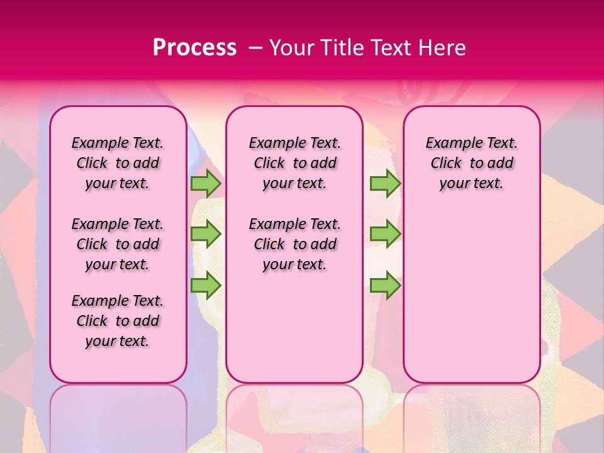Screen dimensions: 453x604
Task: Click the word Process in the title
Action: pyautogui.click(x=194, y=48)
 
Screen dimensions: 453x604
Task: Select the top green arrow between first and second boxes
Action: pyautogui.click(x=206, y=184)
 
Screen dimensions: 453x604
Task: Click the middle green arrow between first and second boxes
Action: pyautogui.click(x=206, y=234)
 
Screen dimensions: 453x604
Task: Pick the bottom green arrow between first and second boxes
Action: pyautogui.click(x=206, y=285)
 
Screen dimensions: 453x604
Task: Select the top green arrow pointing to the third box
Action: pyautogui.click(x=385, y=184)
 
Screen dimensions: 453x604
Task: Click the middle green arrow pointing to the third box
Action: pyautogui.click(x=385, y=234)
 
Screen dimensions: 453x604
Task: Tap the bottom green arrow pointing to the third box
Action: pyautogui.click(x=385, y=285)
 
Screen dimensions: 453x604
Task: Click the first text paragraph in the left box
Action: pyautogui.click(x=118, y=163)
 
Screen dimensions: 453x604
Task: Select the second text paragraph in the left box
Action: pyautogui.click(x=118, y=244)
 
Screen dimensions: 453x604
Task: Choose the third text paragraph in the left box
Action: pyautogui.click(x=118, y=321)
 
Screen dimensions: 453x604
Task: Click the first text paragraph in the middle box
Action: pyautogui.click(x=294, y=163)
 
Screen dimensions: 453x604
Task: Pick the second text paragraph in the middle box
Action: pyautogui.click(x=294, y=244)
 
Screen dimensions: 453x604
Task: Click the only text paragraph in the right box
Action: pyautogui.click(x=471, y=163)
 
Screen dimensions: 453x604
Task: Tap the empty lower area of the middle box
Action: pyautogui.click(x=294, y=327)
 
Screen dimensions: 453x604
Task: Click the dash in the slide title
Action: pyautogui.click(x=255, y=48)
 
